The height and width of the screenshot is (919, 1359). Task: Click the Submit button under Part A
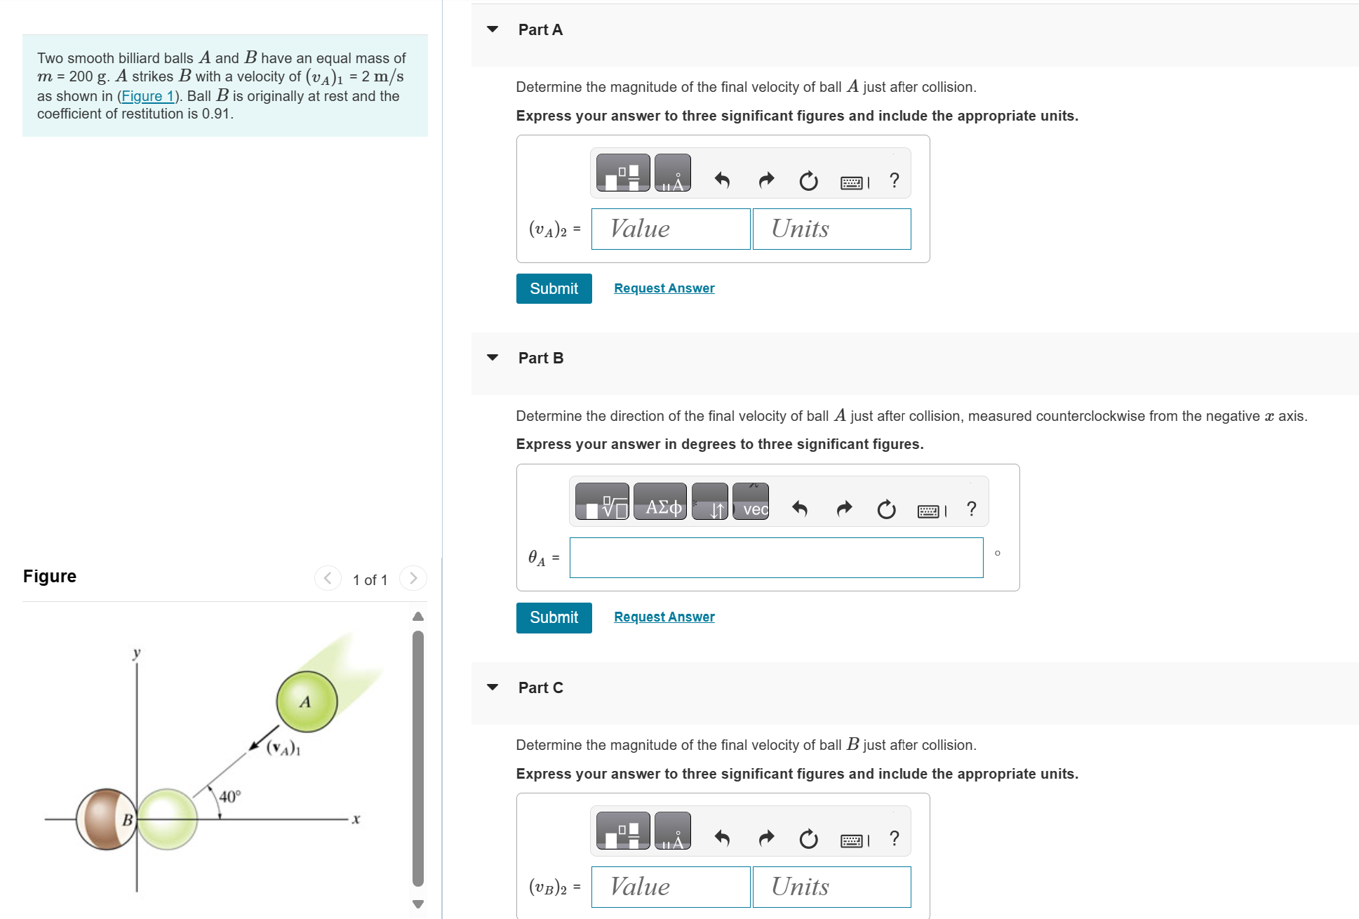(x=554, y=288)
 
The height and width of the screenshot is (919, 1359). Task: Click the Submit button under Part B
(x=554, y=617)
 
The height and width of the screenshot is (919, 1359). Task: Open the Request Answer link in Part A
(x=664, y=288)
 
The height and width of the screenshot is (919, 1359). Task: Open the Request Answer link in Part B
(x=664, y=617)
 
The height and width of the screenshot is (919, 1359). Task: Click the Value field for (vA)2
(x=671, y=229)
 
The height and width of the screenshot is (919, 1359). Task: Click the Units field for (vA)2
(x=831, y=229)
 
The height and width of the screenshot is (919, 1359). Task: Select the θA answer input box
(x=776, y=558)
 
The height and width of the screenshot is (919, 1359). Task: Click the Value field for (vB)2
(x=671, y=887)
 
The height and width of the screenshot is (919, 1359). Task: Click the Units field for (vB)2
(x=831, y=887)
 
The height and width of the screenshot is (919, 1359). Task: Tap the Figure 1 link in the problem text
(x=147, y=96)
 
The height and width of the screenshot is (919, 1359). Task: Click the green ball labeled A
(x=307, y=702)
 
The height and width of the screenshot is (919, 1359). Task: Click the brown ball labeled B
(x=107, y=819)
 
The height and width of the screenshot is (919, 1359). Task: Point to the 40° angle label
(x=230, y=796)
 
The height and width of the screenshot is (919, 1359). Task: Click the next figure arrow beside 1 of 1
(x=413, y=578)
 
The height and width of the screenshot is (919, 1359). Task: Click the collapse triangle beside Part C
(x=493, y=687)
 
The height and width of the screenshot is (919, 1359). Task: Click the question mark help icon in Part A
(x=894, y=180)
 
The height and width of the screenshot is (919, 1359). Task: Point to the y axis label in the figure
(x=137, y=652)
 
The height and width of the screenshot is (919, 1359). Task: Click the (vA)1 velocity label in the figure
(x=283, y=748)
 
